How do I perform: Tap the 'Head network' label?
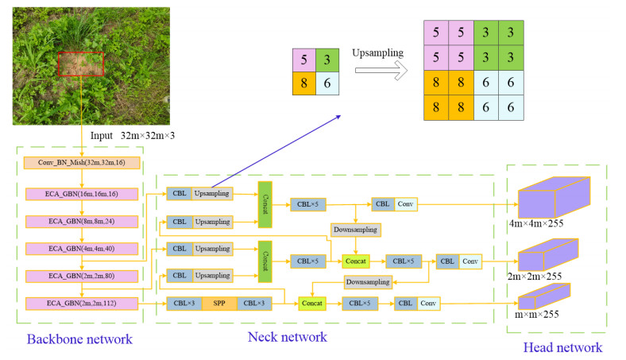[562, 346]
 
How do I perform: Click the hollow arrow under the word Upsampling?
[381, 72]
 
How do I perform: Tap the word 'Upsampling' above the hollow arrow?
[377, 52]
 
